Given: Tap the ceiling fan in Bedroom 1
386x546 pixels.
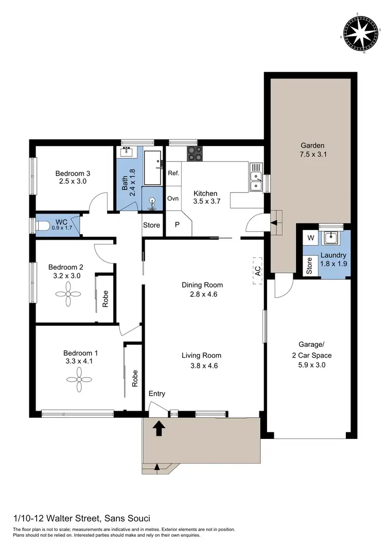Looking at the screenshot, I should coord(78,380).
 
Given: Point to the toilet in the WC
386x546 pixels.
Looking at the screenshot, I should coord(43,226).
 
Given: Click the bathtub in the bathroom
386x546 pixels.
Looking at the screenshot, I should coord(152,168).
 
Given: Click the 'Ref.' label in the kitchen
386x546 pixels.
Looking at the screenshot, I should coord(173,173).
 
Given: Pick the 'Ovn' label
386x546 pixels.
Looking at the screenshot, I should coord(173,198).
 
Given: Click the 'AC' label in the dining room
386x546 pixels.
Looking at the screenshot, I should coord(258,271).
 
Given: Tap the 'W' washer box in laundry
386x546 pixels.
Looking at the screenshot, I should coord(310,238).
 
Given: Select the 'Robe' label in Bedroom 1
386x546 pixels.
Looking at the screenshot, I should coord(135,378).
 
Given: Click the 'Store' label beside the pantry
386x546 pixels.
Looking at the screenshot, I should coord(151,225).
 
